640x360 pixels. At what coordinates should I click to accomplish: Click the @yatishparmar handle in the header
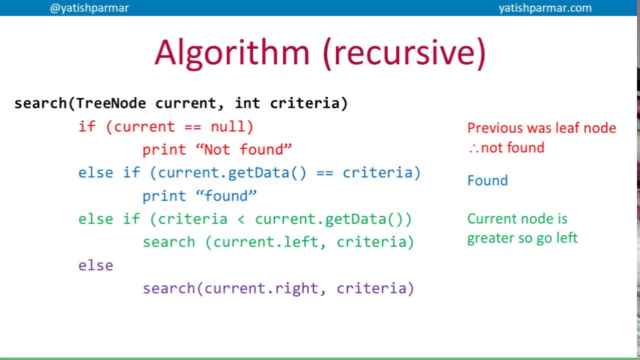tap(89, 8)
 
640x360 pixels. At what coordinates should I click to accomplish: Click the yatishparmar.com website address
tap(545, 8)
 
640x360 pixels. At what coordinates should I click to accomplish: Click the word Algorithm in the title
tap(232, 53)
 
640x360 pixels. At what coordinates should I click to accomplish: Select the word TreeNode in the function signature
tap(110, 103)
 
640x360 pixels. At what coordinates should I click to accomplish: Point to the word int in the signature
tap(247, 103)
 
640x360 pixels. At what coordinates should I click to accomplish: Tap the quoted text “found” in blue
tap(226, 196)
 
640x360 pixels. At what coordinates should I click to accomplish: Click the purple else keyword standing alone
tap(95, 265)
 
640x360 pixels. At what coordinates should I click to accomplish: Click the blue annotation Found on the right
tap(487, 180)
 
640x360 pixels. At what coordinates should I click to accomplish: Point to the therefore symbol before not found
tap(473, 148)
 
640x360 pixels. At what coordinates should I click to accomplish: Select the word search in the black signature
tap(40, 103)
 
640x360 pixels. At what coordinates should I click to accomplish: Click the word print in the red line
tap(164, 149)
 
